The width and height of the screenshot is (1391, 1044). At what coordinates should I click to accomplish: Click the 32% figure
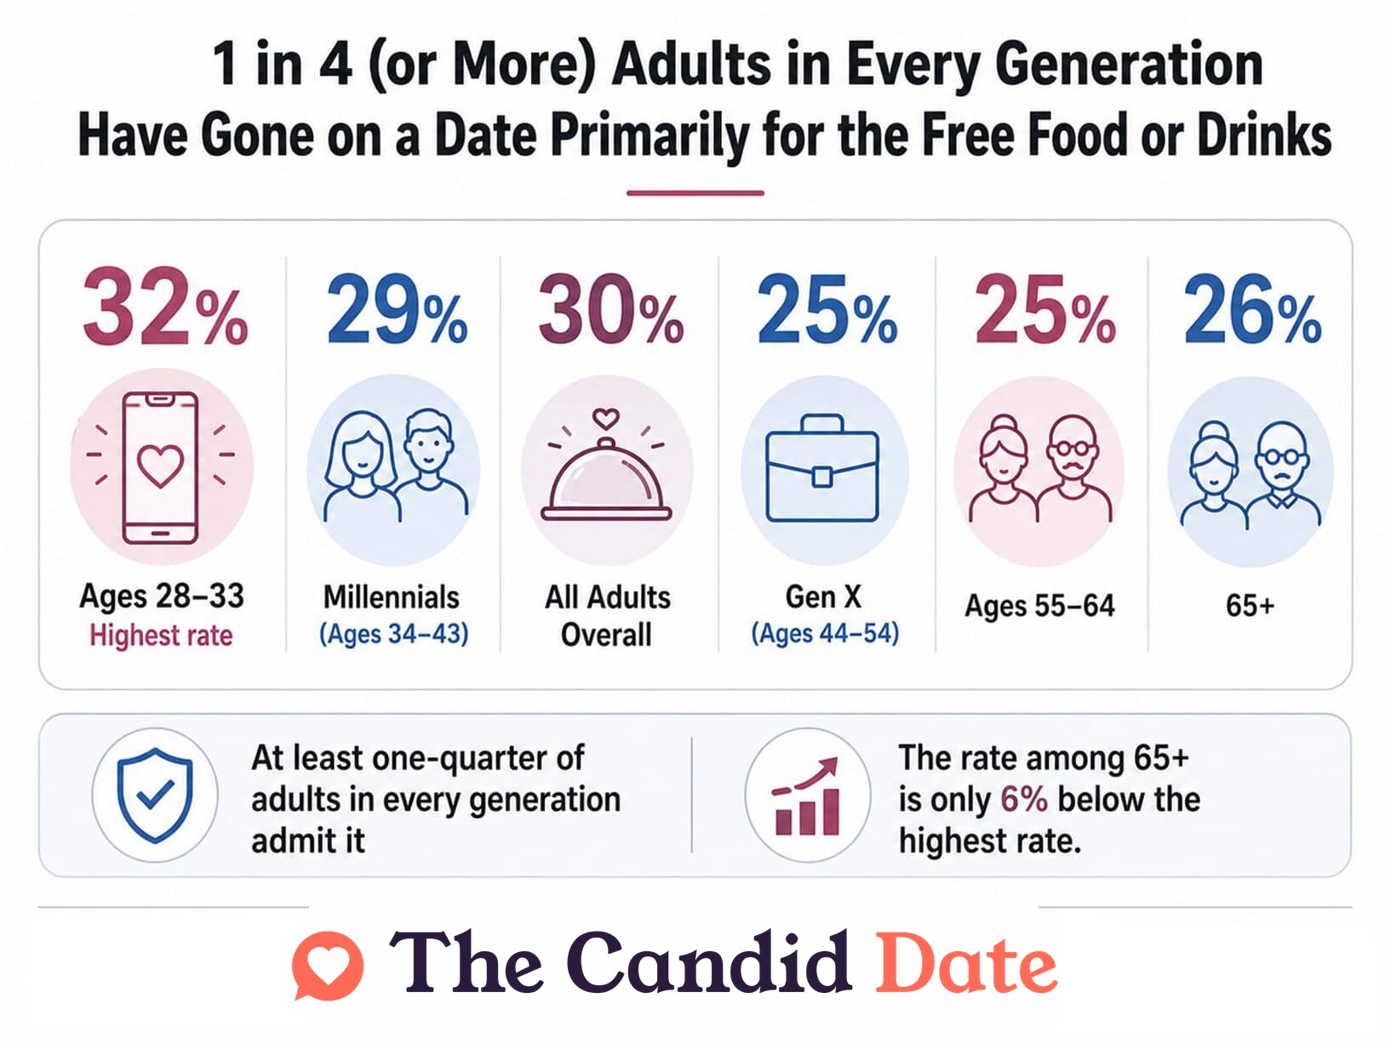click(x=165, y=307)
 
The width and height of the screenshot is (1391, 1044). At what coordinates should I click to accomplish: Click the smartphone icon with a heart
click(x=160, y=468)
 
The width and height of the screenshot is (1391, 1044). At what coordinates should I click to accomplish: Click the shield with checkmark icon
click(x=155, y=794)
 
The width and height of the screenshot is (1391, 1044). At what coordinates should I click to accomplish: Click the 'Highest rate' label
click(x=161, y=635)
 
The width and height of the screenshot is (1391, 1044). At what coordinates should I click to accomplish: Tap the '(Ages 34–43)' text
click(x=393, y=634)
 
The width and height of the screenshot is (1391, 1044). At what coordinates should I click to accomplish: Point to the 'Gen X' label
click(x=823, y=596)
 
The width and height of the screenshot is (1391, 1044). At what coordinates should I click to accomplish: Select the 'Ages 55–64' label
click(x=1039, y=605)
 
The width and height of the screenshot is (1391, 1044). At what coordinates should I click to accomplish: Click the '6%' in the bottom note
click(x=1024, y=799)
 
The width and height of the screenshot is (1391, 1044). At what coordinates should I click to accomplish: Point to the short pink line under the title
click(x=695, y=192)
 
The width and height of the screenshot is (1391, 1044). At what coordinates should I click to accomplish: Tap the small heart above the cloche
click(x=606, y=418)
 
